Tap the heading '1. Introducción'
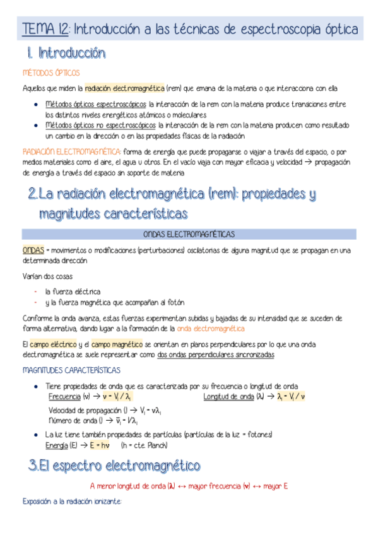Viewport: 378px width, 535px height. tap(66, 53)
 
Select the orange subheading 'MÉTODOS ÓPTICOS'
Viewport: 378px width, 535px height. tap(50, 73)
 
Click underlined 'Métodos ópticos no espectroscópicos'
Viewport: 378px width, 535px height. tap(101, 126)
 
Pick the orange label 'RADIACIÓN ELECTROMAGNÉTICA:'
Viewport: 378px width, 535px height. tap(71, 151)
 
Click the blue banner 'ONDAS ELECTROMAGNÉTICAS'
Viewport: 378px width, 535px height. tap(189, 234)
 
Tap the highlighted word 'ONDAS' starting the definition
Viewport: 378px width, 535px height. tap(33, 250)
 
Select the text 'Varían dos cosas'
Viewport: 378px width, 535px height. tap(47, 276)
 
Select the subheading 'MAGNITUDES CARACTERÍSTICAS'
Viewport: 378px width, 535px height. tap(71, 370)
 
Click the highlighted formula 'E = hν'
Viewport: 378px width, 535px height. tap(100, 445)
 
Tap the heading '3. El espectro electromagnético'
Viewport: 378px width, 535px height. tap(114, 466)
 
